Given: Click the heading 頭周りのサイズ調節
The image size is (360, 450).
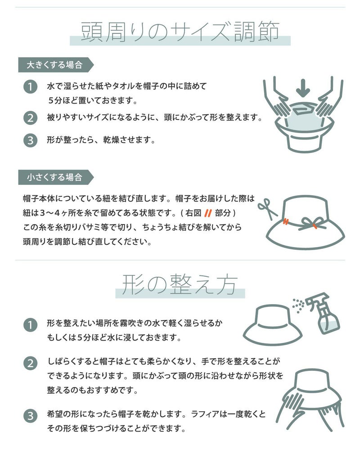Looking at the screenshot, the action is tap(180, 31).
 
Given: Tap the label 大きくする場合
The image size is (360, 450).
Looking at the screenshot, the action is tap(54, 65).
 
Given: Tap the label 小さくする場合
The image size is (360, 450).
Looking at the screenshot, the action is tap(54, 177).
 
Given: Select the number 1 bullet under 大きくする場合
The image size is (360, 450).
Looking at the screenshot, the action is tap(31, 86).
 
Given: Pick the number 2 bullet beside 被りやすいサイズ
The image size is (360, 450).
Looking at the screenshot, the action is tap(31, 118).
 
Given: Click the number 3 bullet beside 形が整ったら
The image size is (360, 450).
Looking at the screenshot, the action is tap(31, 140).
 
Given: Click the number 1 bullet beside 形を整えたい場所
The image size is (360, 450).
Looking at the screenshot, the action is tap(31, 325).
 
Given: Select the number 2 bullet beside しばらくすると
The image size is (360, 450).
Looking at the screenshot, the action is tap(31, 363).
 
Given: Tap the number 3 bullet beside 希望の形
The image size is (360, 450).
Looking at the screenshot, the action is tap(31, 416).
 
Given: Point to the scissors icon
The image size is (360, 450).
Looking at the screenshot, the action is tap(267, 209).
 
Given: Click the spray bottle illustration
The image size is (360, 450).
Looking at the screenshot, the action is tap(323, 313).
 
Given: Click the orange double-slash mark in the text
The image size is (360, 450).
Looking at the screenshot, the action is tap(208, 213).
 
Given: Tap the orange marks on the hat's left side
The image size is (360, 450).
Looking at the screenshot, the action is tap(285, 221).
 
